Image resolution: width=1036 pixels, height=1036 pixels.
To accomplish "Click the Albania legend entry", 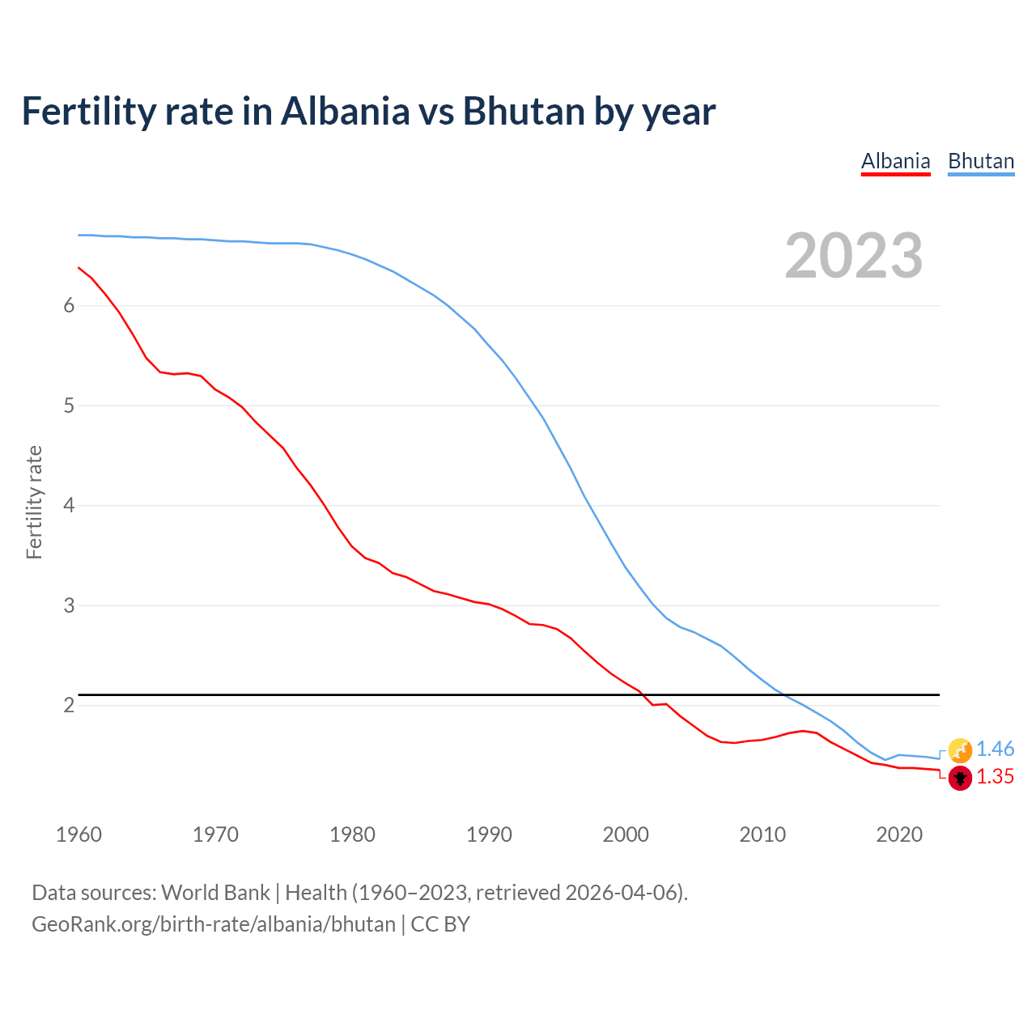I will pyautogui.click(x=895, y=161).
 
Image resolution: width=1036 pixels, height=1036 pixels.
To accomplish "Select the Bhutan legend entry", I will pyautogui.click(x=981, y=161).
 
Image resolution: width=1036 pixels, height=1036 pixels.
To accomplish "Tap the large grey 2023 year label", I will pyautogui.click(x=854, y=256).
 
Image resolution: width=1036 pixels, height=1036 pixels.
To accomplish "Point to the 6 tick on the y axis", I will pyautogui.click(x=69, y=305).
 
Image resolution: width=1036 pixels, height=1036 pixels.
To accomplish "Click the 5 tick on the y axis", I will pyautogui.click(x=69, y=405).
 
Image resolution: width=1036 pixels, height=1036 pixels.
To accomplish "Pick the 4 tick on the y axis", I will pyautogui.click(x=69, y=505).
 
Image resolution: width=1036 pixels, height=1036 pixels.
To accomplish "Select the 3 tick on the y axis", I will pyautogui.click(x=69, y=605).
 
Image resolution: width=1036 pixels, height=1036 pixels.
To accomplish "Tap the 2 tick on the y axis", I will pyautogui.click(x=69, y=705).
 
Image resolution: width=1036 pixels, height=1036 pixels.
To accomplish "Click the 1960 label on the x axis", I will pyautogui.click(x=79, y=834).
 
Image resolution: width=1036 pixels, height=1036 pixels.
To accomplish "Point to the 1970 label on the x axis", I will pyautogui.click(x=215, y=834).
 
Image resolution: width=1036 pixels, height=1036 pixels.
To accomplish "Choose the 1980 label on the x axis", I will pyautogui.click(x=352, y=834).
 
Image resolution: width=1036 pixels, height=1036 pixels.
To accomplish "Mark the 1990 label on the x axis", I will pyautogui.click(x=489, y=834).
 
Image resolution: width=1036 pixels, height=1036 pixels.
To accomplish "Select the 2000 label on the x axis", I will pyautogui.click(x=626, y=834).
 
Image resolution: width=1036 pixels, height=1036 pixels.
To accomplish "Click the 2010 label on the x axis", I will pyautogui.click(x=762, y=834).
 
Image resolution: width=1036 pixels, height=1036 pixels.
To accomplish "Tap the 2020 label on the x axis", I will pyautogui.click(x=899, y=834).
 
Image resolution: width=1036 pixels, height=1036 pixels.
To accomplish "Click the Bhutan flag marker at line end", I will pyautogui.click(x=960, y=750).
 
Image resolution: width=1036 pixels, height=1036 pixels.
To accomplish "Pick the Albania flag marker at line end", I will pyautogui.click(x=960, y=779).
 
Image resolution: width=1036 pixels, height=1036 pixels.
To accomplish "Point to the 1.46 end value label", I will pyautogui.click(x=995, y=749).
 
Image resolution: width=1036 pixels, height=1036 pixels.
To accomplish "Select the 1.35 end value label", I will pyautogui.click(x=995, y=777).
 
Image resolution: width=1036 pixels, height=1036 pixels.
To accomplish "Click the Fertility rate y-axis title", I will pyautogui.click(x=34, y=502).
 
